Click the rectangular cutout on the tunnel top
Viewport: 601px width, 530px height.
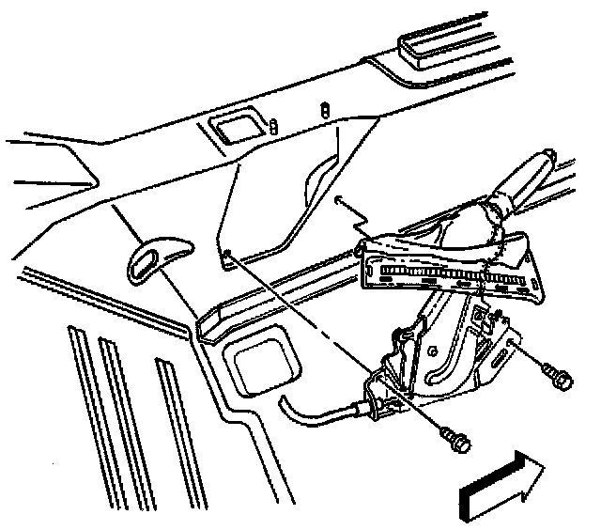232,128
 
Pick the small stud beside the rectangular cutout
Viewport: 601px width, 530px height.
272,126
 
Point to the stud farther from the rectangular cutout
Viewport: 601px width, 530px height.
325,109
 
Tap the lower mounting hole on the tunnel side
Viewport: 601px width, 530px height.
228,252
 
